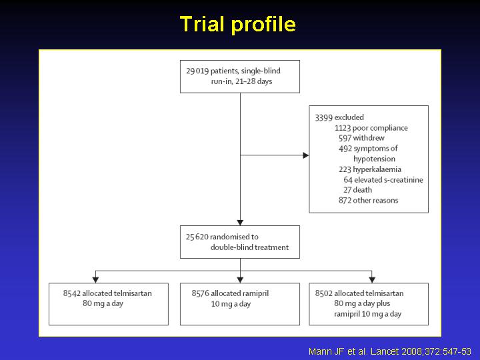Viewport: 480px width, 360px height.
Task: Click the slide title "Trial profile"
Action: pos(238,24)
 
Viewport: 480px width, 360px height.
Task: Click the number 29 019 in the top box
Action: pos(197,71)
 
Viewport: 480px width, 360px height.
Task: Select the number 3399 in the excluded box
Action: pos(324,117)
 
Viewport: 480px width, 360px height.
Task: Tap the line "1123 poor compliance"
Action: pos(371,128)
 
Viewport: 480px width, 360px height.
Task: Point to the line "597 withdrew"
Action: pos(361,138)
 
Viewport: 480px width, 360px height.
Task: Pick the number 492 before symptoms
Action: pos(345,149)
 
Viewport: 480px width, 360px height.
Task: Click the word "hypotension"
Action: pos(374,159)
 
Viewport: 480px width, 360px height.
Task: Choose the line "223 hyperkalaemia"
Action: pos(370,169)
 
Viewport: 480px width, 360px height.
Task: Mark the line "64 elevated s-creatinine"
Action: pos(383,180)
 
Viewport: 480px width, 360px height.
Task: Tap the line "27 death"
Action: pos(357,190)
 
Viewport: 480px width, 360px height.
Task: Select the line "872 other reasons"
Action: pos(368,201)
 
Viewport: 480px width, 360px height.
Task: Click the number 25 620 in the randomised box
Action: pos(197,237)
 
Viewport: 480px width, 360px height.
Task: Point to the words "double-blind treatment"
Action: pos(249,247)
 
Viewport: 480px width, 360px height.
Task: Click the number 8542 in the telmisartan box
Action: pos(71,293)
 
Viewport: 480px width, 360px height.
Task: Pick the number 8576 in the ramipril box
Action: pos(200,293)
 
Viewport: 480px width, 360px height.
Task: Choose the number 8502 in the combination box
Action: pos(324,293)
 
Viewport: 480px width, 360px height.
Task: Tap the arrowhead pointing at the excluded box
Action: pos(306,155)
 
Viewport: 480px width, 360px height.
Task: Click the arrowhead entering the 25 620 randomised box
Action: pos(240,223)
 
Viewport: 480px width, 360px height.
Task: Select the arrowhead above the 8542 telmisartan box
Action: pos(95,280)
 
